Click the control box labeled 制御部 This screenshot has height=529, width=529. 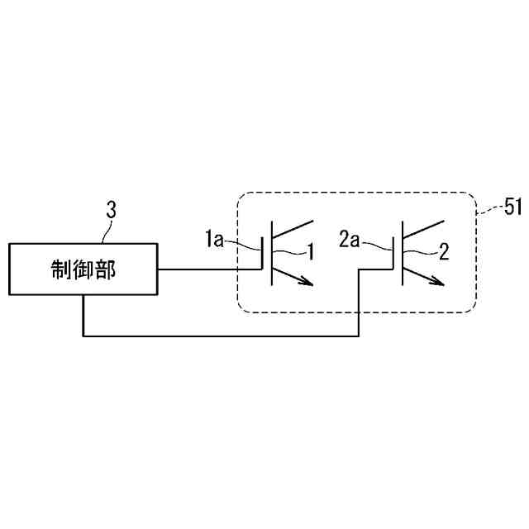83,269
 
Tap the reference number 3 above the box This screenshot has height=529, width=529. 111,210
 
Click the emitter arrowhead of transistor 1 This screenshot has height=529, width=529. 309,283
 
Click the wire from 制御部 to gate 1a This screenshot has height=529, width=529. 207,269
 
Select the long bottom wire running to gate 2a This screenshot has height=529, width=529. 223,335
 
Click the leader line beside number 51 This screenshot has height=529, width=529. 490,209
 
